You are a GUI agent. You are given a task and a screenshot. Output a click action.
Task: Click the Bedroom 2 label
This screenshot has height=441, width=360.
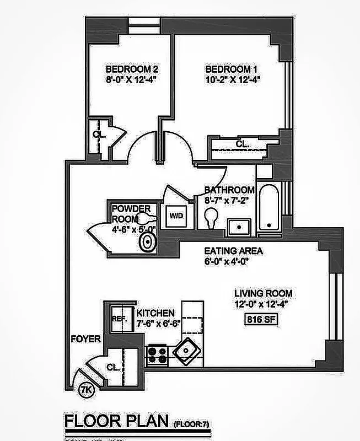point(132,70)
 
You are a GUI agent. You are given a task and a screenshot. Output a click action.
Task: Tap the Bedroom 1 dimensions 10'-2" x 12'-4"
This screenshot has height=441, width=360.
point(232,79)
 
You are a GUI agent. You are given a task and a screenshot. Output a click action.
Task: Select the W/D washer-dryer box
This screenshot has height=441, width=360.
point(176,215)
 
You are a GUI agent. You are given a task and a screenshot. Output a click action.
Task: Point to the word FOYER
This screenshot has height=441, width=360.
point(85,339)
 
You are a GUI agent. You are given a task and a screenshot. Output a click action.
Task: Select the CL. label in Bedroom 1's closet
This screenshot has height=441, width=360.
point(242,144)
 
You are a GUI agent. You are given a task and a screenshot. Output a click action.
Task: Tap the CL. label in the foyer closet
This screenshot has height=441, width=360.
point(113,367)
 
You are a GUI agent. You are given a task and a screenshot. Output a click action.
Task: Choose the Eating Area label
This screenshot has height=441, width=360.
point(226,251)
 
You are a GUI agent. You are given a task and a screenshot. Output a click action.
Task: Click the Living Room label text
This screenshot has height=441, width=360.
point(263,293)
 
